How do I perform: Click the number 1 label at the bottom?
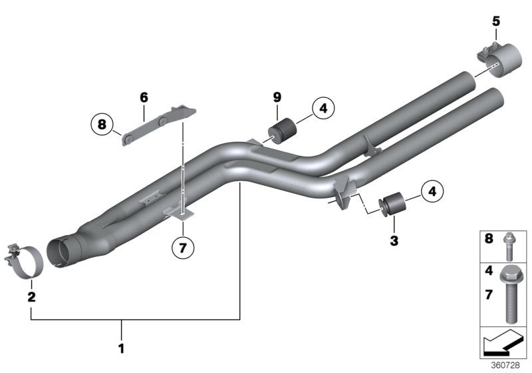pyautogui.click(x=120, y=347)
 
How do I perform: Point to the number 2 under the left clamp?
pyautogui.click(x=31, y=296)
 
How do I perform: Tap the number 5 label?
pyautogui.click(x=495, y=21)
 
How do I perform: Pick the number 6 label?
pyautogui.click(x=143, y=97)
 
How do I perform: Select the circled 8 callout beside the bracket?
pyautogui.click(x=102, y=123)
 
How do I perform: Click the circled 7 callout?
pyautogui.click(x=183, y=248)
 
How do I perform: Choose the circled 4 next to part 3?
pyautogui.click(x=431, y=192)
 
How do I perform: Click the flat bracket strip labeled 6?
pyautogui.click(x=150, y=126)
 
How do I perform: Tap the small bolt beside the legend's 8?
pyautogui.click(x=509, y=244)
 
